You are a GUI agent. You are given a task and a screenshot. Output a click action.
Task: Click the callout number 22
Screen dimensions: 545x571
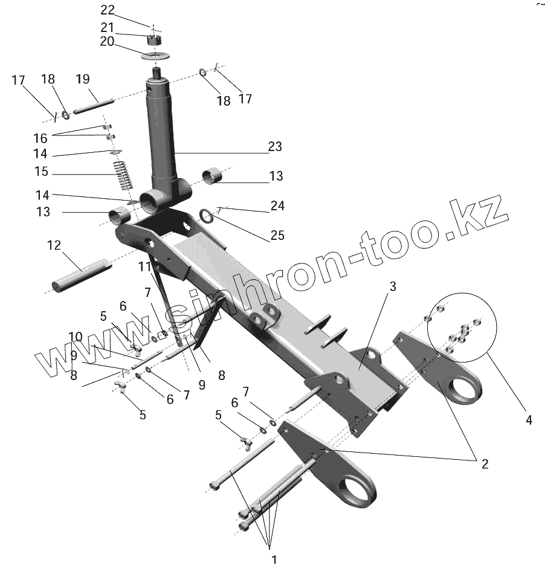point(107,10)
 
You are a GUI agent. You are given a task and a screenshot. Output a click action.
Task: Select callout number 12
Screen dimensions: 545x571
point(54,245)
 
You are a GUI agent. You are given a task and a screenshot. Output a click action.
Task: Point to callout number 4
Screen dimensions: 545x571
point(529,419)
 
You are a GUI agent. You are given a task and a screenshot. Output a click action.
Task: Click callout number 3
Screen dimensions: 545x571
point(392,287)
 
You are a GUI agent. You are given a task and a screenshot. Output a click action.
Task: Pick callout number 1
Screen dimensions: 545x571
point(273,559)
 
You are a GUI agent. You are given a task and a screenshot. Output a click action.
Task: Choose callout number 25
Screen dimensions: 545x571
point(277,235)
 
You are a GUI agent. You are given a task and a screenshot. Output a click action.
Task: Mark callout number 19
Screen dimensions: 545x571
point(83,79)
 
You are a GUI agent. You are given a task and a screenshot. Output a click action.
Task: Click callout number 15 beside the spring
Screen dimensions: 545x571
point(41,172)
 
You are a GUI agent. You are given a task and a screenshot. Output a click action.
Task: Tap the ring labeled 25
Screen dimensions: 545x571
point(205,216)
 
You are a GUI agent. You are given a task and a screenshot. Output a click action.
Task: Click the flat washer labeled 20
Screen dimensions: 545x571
point(156,56)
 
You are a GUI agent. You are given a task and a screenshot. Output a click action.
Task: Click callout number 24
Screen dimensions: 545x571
point(277,207)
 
